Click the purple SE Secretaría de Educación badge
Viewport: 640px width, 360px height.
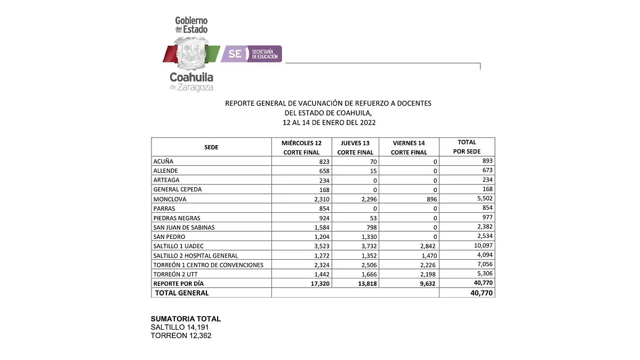(251, 54)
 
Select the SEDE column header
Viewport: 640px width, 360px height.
(211, 147)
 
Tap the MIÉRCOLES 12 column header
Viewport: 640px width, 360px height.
(301, 147)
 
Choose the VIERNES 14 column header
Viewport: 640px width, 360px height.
(409, 147)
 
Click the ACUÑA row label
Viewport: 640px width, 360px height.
(163, 161)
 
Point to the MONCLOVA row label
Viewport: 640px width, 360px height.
(170, 199)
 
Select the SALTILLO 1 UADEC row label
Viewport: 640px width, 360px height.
(179, 246)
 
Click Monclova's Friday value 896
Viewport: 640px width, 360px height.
(431, 199)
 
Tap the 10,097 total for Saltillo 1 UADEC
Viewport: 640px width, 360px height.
(480, 246)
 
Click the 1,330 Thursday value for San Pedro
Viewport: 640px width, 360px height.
(367, 236)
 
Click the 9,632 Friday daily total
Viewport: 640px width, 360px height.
(427, 283)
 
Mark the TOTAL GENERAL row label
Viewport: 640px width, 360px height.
(182, 293)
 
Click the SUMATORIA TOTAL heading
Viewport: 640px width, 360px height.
(186, 319)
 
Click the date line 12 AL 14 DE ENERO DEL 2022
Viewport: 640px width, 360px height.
(329, 122)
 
